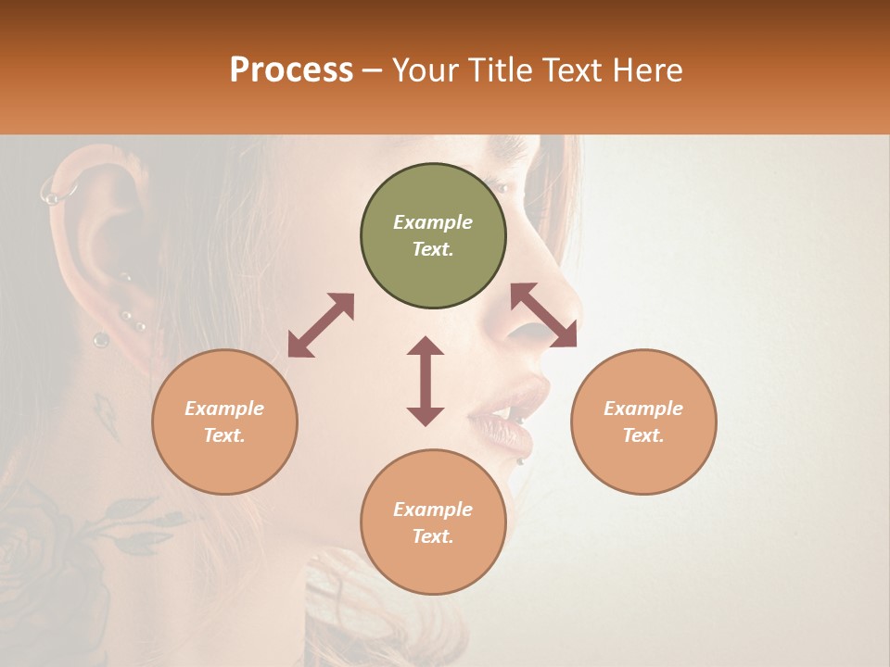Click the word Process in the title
pos(291,70)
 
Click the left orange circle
pos(224,422)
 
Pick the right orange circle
pos(643,422)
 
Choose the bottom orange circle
pos(433,522)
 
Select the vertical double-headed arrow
pos(426,381)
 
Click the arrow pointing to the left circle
pos(321,325)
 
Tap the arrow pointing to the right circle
pos(544,315)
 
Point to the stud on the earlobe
pos(100,340)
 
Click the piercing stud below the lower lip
pos(522,460)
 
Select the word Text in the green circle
pos(433,249)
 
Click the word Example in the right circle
pos(643,408)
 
